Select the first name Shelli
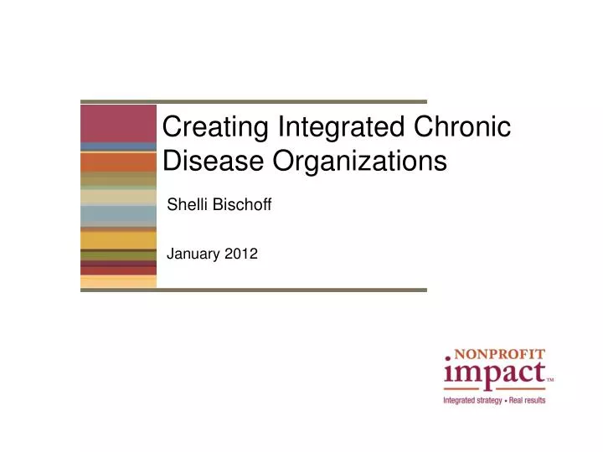point(185,203)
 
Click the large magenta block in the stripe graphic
point(118,124)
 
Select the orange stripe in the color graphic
point(118,162)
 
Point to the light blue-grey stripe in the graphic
point(118,215)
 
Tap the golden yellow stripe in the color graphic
point(118,240)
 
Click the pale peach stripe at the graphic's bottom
point(118,282)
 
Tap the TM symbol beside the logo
point(549,380)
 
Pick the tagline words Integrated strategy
point(473,401)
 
